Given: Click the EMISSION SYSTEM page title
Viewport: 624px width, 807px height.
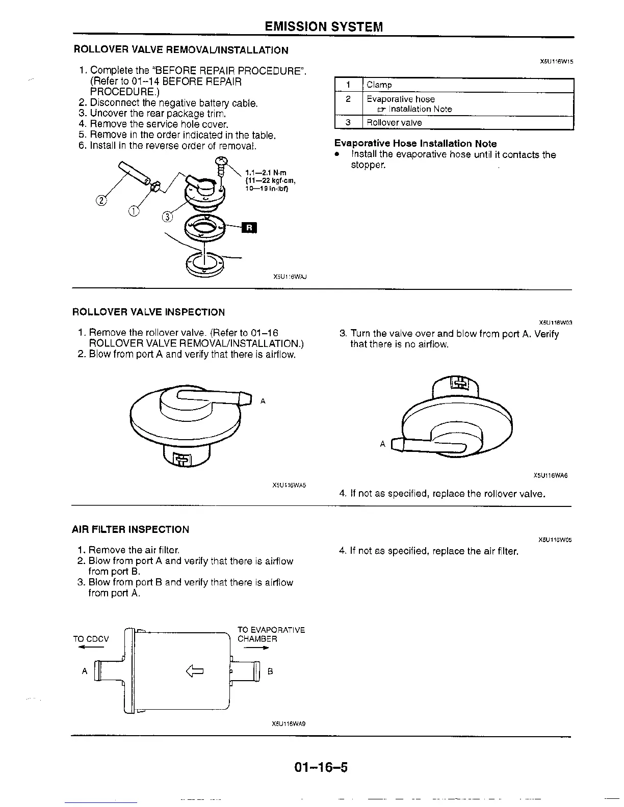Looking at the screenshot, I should (x=324, y=26).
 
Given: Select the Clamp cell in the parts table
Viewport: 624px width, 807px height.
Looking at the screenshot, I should (x=379, y=85).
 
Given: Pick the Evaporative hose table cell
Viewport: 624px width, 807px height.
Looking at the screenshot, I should (x=401, y=99).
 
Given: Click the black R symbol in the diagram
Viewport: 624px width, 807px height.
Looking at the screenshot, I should (x=249, y=227).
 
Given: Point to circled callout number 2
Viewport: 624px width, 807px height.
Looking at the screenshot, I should (x=101, y=200).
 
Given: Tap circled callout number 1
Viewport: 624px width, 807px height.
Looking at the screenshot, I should (x=134, y=211).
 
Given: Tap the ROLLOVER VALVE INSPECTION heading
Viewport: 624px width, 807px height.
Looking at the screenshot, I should (x=148, y=312).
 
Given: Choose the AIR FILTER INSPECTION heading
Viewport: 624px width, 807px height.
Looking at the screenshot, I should (x=131, y=529).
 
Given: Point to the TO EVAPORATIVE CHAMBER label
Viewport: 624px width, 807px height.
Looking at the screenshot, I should (x=271, y=634).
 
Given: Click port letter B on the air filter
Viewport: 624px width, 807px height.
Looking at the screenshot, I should (x=271, y=671).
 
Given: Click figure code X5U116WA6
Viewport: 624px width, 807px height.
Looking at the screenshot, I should (x=550, y=476).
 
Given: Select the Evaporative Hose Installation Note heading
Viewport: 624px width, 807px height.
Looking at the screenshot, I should (x=415, y=144).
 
